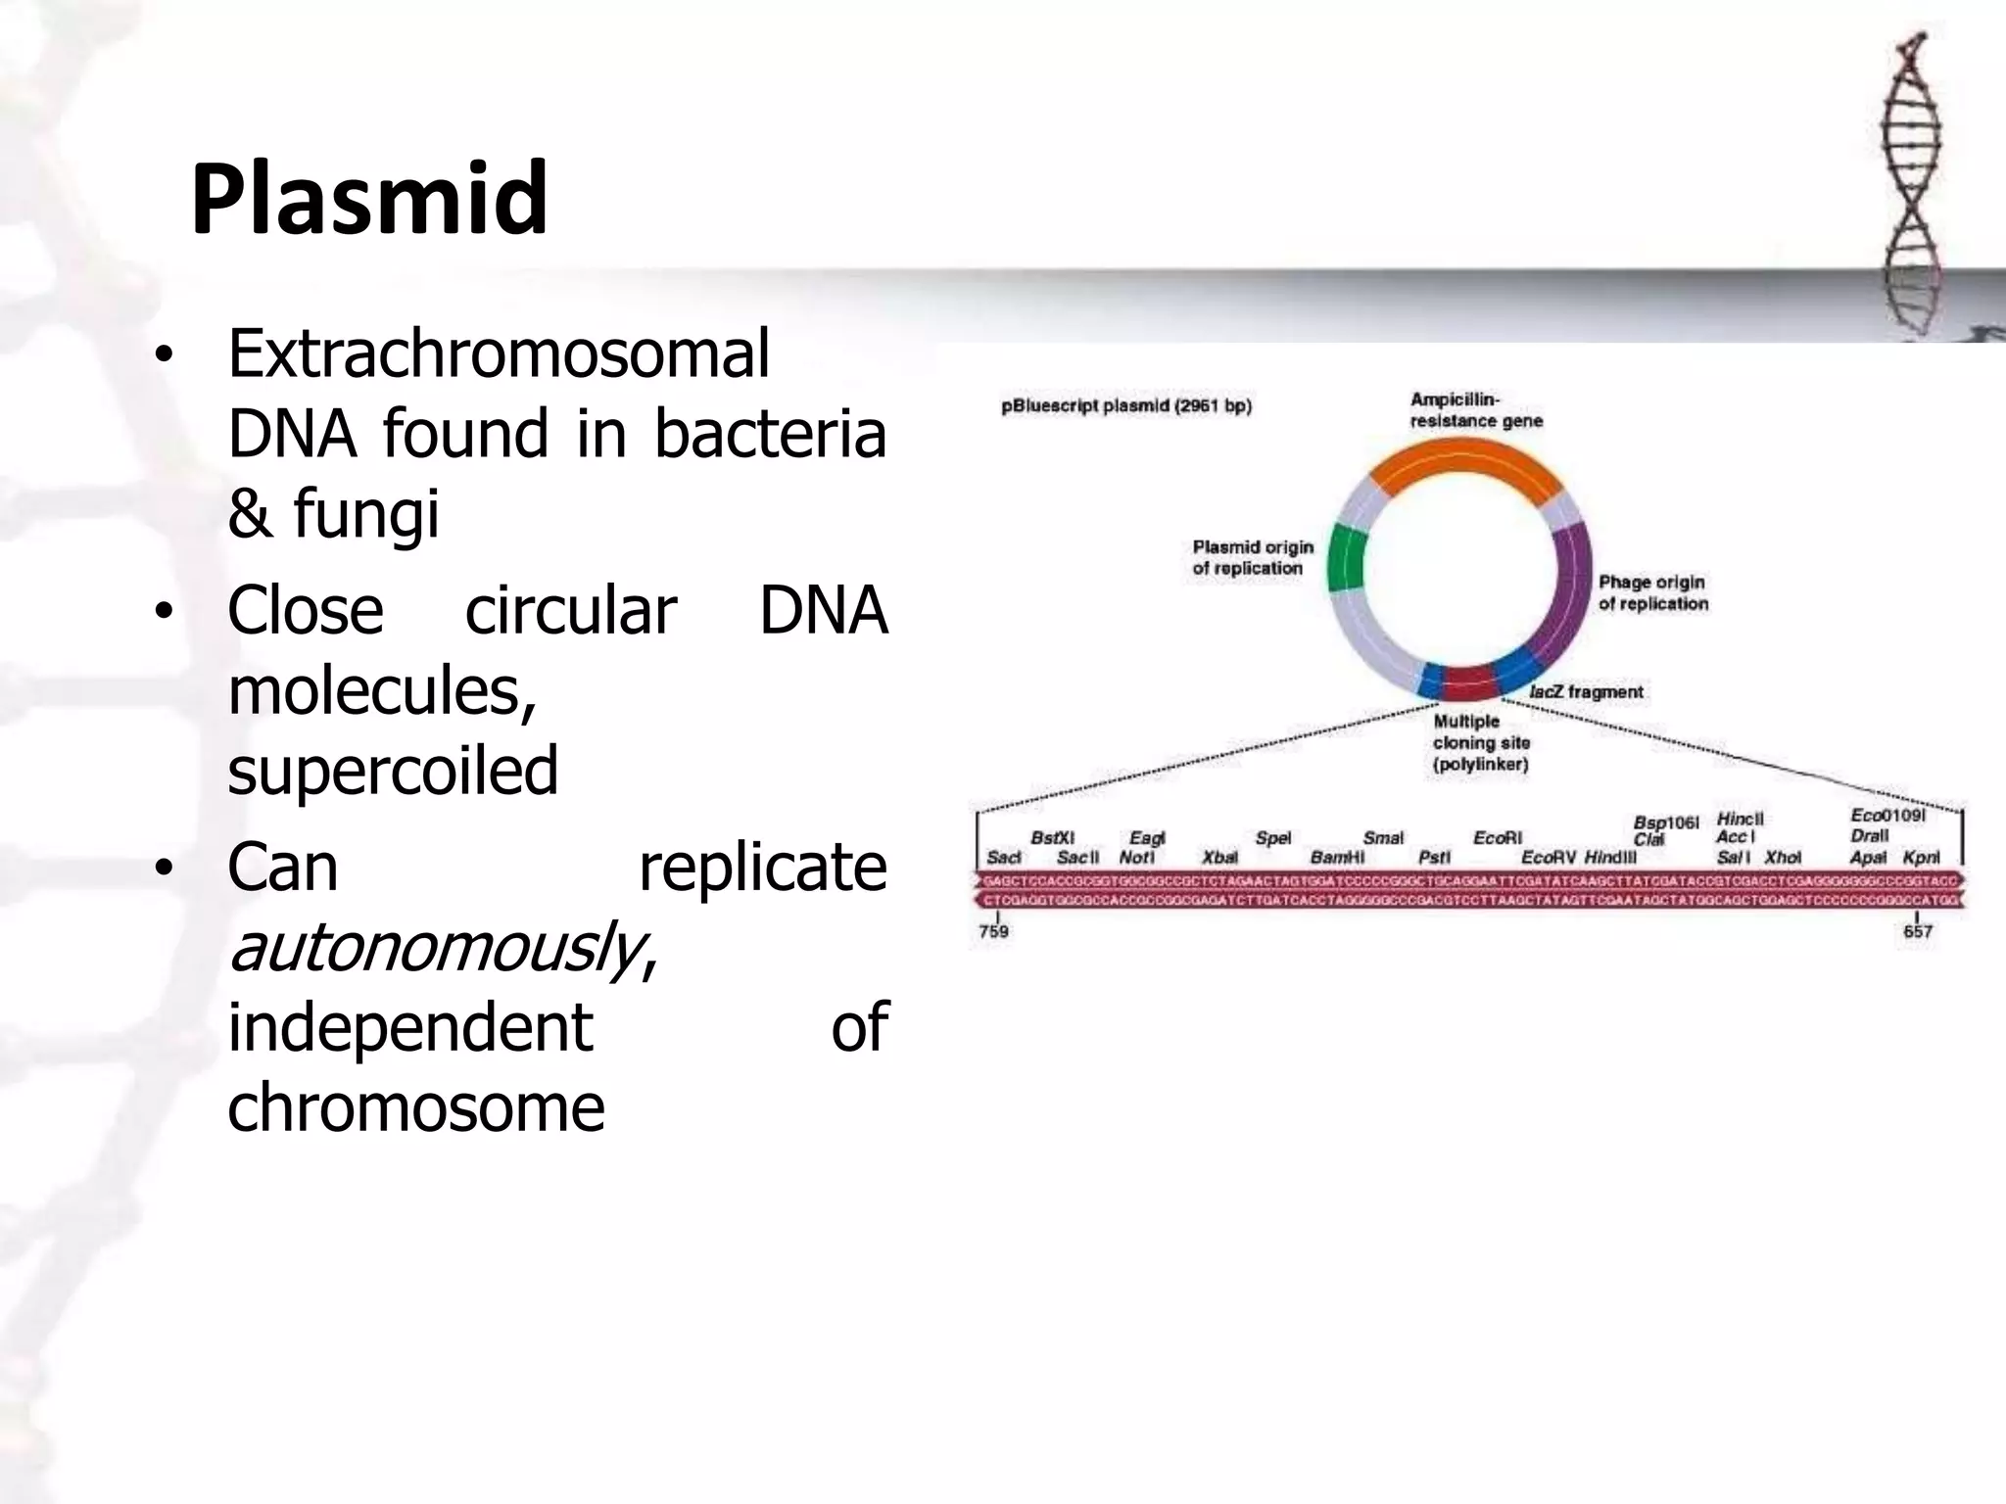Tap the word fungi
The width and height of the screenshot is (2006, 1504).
pos(366,515)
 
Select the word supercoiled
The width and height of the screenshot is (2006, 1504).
pos(393,771)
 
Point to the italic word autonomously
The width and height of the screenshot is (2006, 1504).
pos(435,948)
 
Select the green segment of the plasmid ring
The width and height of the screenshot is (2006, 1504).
pos(1345,559)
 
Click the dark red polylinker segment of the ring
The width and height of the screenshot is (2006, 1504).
pos(1466,681)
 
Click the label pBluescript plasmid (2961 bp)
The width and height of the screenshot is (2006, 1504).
pos(1125,406)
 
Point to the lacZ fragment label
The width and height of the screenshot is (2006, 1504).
pos(1586,692)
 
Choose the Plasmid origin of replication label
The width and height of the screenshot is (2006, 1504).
pos(1252,557)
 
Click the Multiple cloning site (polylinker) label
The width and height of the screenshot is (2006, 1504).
pos(1480,743)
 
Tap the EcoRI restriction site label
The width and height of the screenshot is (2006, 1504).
pos(1498,838)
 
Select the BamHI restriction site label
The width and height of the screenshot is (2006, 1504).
pos(1337,858)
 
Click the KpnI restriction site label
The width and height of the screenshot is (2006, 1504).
pos(1920,858)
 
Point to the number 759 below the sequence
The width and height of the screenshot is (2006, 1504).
pos(993,931)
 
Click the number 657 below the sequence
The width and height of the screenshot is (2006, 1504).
pos(1917,931)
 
